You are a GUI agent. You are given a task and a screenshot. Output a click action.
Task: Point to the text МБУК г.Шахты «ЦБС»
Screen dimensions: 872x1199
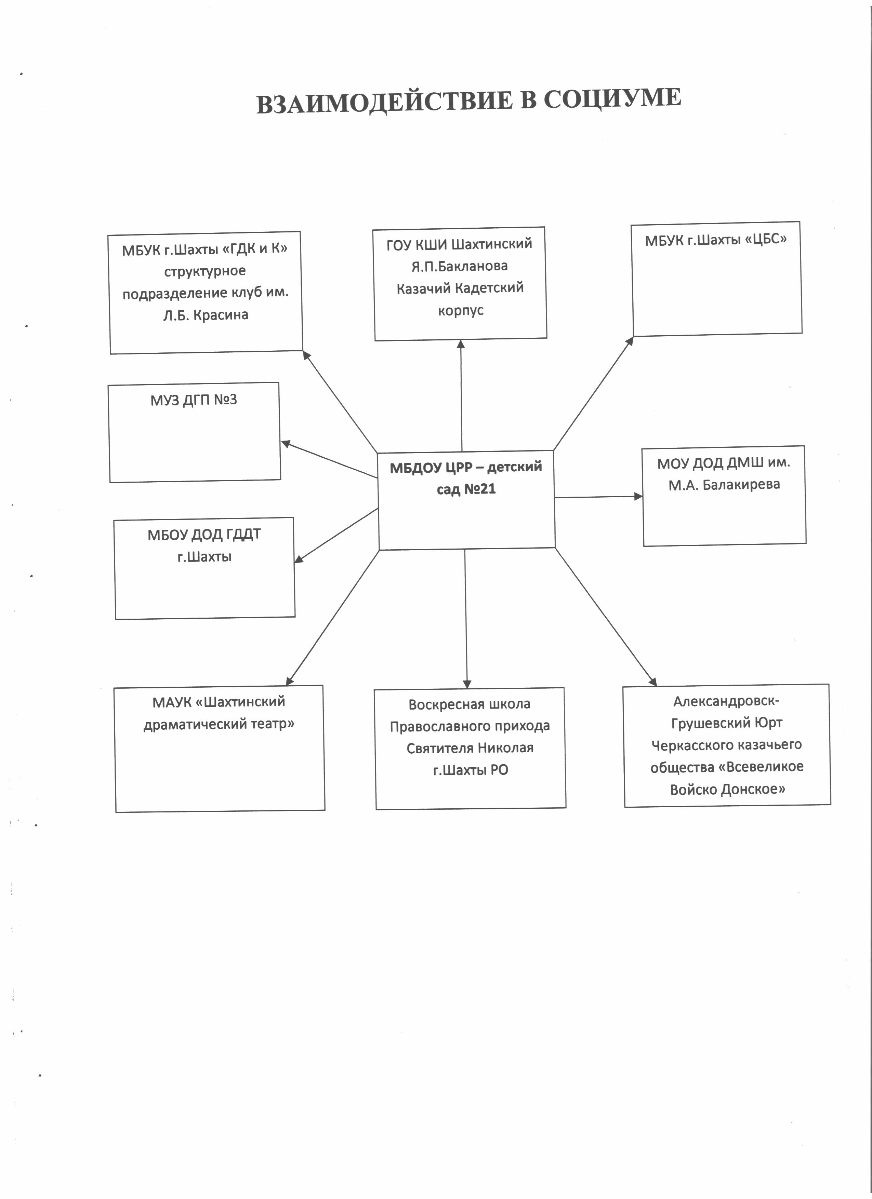click(x=715, y=240)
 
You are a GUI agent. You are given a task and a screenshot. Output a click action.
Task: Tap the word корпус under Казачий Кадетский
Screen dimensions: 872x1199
click(x=461, y=310)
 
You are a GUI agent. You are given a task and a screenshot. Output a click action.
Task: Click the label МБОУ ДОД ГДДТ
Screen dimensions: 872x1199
click(x=204, y=535)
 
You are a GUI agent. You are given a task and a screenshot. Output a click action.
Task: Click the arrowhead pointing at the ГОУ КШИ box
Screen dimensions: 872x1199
click(x=461, y=344)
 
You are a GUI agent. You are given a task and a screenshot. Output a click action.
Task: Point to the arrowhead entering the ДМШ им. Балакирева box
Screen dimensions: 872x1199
click(x=638, y=496)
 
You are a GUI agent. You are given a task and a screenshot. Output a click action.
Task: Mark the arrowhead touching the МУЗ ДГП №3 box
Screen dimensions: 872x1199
click(x=286, y=444)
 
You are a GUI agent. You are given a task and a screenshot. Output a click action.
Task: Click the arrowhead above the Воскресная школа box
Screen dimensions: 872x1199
click(x=466, y=684)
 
